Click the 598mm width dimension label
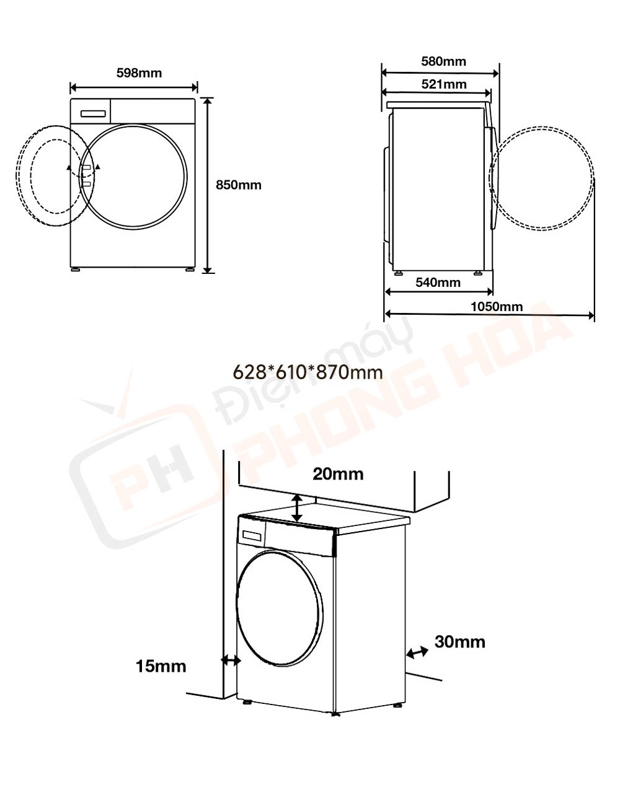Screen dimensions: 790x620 click(x=139, y=73)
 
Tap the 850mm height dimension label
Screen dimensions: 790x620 click(x=238, y=185)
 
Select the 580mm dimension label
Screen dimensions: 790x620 click(x=443, y=61)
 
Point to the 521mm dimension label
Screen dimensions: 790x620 click(x=444, y=84)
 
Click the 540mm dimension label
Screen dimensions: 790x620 click(x=438, y=283)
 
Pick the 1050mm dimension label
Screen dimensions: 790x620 click(x=496, y=306)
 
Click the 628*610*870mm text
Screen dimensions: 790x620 click(x=307, y=372)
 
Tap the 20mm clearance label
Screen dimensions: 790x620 click(x=338, y=474)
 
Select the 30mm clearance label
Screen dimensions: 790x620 click(x=459, y=642)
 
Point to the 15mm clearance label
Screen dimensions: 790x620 click(x=161, y=666)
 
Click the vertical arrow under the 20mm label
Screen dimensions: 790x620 click(x=298, y=508)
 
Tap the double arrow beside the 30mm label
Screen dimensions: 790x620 click(x=417, y=652)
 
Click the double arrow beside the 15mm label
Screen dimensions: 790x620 click(x=231, y=661)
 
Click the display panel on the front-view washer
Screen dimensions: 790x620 click(x=93, y=113)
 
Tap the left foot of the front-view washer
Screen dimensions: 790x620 click(x=76, y=270)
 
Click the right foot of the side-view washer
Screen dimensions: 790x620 click(x=478, y=273)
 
